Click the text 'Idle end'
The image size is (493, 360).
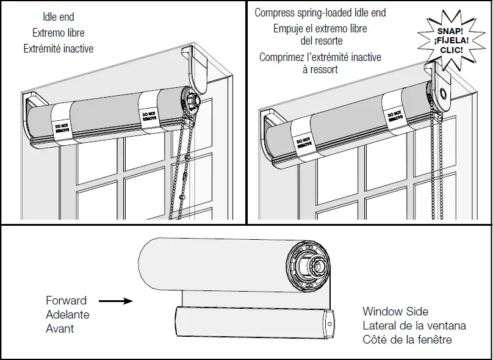click(x=59, y=17)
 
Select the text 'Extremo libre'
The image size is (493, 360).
click(x=59, y=32)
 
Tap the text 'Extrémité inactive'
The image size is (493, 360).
click(x=59, y=48)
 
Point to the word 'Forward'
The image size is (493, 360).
click(x=67, y=300)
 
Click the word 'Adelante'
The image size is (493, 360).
click(x=68, y=314)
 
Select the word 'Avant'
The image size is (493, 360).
click(x=60, y=328)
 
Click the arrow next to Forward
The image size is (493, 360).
click(x=115, y=300)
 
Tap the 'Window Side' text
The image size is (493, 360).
click(x=395, y=311)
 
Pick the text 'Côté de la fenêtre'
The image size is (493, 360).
click(x=407, y=339)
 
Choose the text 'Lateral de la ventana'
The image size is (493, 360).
click(x=414, y=325)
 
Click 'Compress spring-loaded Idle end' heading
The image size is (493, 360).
click(x=320, y=12)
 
